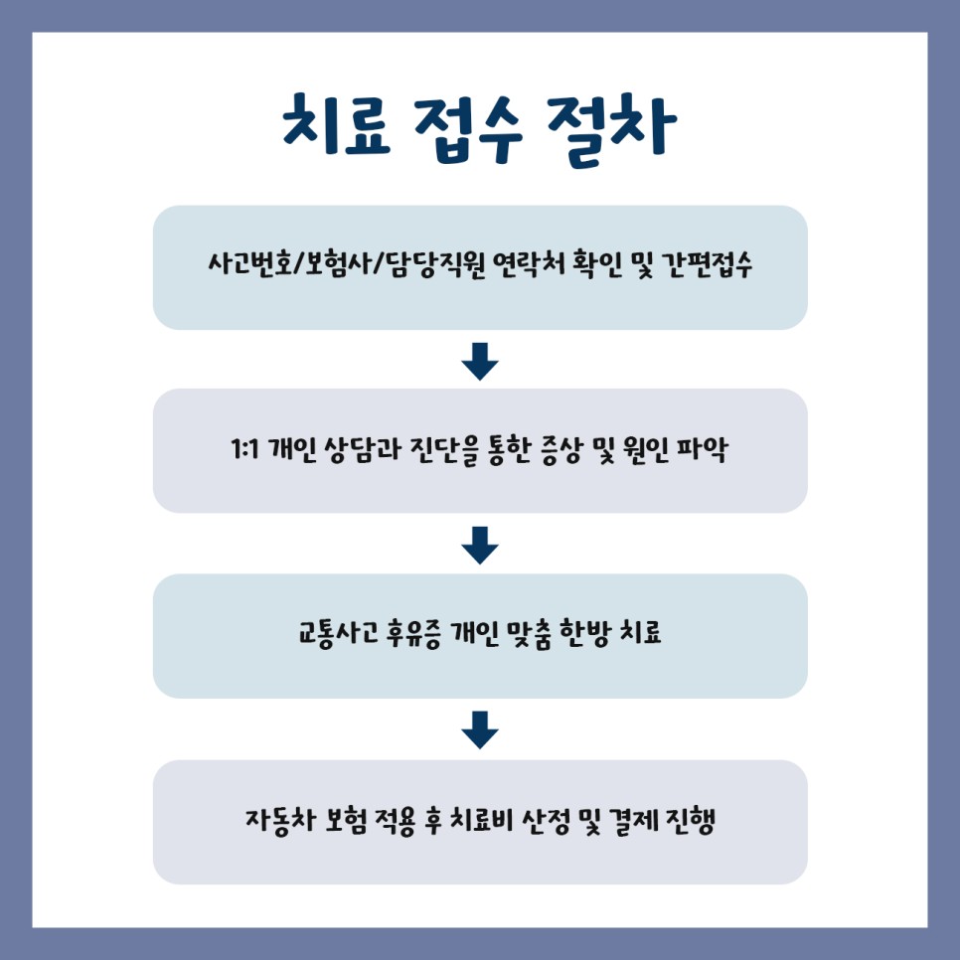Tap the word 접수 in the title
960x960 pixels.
(480, 126)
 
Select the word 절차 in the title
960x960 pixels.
(617, 126)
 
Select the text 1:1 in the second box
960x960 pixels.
(244, 452)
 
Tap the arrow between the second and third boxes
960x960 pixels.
(480, 545)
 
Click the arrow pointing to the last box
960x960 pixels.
(480, 729)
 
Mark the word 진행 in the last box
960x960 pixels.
(691, 823)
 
